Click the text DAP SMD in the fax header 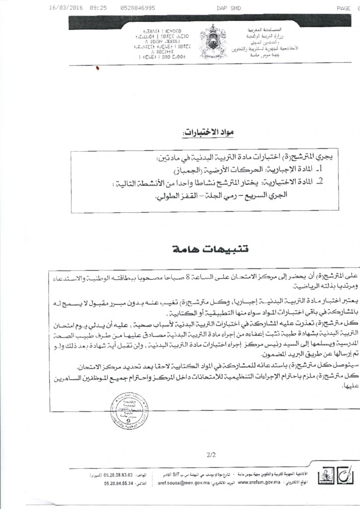tap(228, 8)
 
